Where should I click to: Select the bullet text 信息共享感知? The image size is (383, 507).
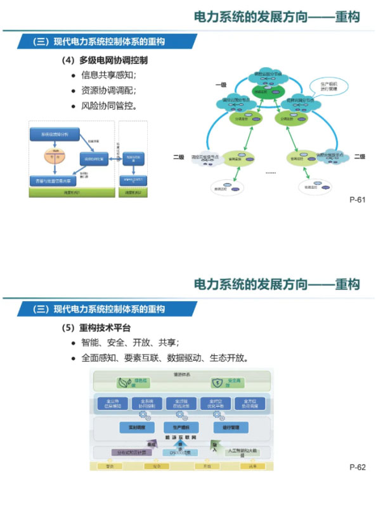[x=108, y=75]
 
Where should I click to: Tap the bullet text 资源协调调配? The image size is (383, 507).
[x=108, y=90]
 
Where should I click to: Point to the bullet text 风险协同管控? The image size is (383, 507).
[x=108, y=105]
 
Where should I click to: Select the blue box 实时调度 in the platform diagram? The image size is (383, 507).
[x=137, y=427]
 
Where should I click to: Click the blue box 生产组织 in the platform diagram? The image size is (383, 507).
[x=177, y=427]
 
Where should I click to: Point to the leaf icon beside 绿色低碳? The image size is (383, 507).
[x=125, y=383]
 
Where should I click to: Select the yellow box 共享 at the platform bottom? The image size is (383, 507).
[x=252, y=466]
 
